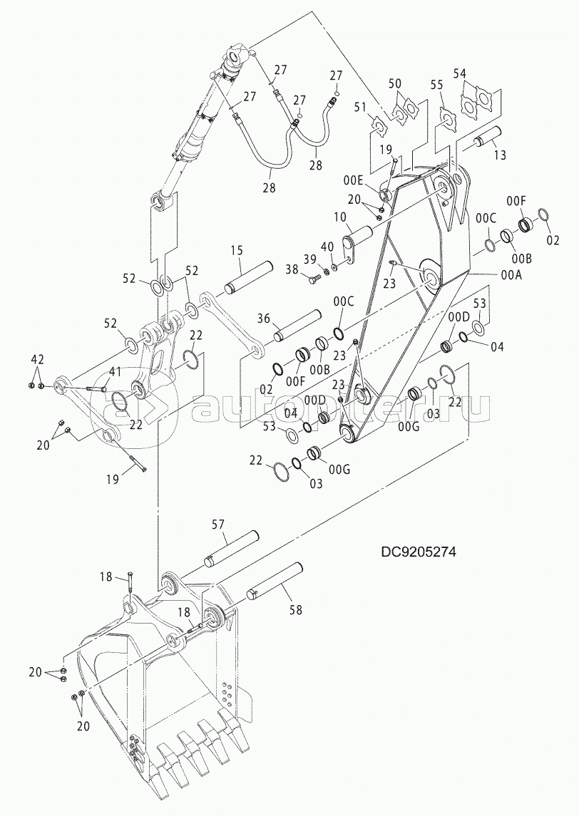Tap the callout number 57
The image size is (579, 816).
coord(217,525)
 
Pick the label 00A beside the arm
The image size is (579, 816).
coord(511,276)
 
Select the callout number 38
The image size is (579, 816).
coord(292,269)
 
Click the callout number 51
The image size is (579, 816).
coord(360,107)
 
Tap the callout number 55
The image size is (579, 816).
coord(436,85)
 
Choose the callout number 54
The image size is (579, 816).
coord(460,73)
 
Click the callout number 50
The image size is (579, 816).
coord(395,84)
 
